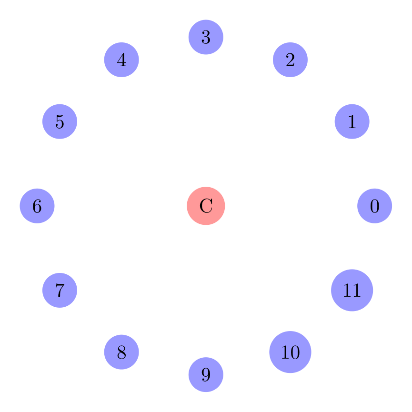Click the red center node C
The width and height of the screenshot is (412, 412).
206,206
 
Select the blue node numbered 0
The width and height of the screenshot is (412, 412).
375,206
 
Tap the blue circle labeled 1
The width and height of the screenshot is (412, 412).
352,121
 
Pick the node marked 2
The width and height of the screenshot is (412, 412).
290,60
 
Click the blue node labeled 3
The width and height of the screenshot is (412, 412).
206,37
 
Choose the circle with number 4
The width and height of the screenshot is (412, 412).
121,60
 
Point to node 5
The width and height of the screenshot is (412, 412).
60,121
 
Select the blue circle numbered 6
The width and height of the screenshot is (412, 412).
37,206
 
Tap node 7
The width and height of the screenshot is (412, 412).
60,290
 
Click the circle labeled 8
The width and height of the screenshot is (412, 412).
121,352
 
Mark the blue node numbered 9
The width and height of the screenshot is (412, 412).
206,375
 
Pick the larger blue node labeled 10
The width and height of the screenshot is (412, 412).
290,352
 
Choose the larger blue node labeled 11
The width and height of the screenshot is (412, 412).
352,290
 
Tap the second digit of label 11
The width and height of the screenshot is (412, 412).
356,290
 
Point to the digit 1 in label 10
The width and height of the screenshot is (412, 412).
285,352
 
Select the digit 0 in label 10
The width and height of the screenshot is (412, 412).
294,352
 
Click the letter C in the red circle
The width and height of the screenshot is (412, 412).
206,206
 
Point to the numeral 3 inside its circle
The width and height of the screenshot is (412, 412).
206,37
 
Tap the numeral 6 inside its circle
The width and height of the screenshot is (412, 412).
37,206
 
